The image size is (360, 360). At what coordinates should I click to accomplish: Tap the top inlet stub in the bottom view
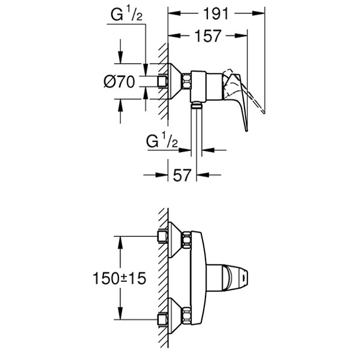162,237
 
